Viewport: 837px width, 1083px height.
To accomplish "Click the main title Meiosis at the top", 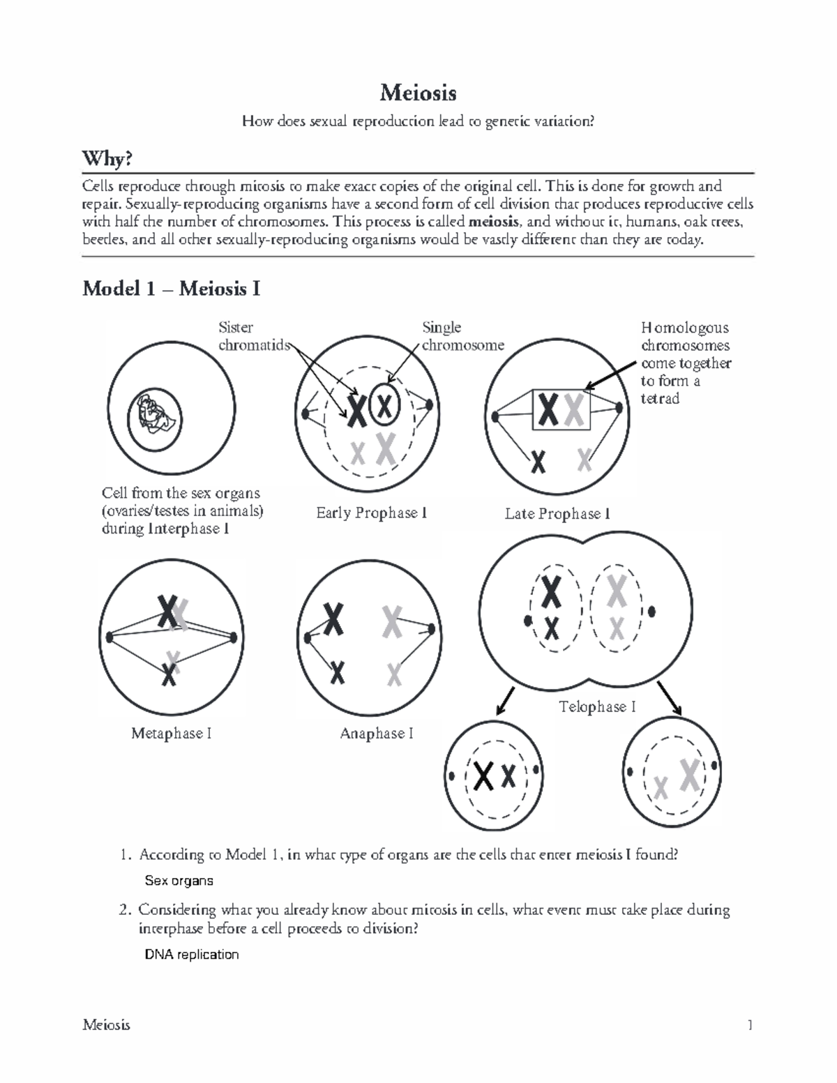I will pyautogui.click(x=418, y=92).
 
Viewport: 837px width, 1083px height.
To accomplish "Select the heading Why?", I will pyautogui.click(x=107, y=160).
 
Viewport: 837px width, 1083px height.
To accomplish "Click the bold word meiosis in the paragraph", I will pyautogui.click(x=494, y=222).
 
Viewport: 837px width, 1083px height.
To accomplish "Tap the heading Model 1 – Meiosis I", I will pyautogui.click(x=171, y=289).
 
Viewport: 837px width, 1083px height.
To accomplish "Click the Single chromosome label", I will pyautogui.click(x=462, y=336).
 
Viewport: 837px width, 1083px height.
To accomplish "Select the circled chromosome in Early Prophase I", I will pyautogui.click(x=384, y=404).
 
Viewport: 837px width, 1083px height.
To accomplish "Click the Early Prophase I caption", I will pyautogui.click(x=371, y=513).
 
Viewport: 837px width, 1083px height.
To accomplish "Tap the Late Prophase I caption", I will pyautogui.click(x=557, y=514).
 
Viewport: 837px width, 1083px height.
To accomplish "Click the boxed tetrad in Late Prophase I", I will pyautogui.click(x=561, y=410).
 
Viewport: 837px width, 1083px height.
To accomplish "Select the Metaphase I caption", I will pyautogui.click(x=171, y=734).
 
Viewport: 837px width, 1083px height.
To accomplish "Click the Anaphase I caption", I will pyautogui.click(x=376, y=734).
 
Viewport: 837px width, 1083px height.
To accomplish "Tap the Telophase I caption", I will pyautogui.click(x=597, y=707).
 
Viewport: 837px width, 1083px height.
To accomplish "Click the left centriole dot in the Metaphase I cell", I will pyautogui.click(x=110, y=637).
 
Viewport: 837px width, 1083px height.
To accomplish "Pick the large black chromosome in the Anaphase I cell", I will pyautogui.click(x=333, y=618).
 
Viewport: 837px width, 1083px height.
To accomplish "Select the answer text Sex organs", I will pyautogui.click(x=179, y=881).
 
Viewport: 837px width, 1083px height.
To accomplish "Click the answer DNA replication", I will pyautogui.click(x=191, y=955).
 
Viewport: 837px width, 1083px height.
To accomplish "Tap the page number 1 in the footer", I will pyautogui.click(x=750, y=1025).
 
